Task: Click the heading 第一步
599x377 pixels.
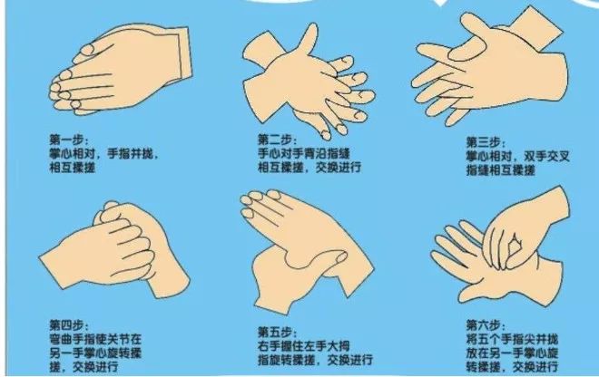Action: [68, 140]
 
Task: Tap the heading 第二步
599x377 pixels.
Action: [276, 140]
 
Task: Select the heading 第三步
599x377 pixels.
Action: [485, 142]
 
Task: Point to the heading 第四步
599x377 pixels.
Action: [68, 325]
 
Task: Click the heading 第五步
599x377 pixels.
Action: [276, 332]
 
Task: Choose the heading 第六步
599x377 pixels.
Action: [485, 325]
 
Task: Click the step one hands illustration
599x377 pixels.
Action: [121, 70]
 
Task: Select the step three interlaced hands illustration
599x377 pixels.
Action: [490, 68]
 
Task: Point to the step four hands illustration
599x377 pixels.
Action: [114, 249]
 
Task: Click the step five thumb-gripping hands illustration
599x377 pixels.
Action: [307, 251]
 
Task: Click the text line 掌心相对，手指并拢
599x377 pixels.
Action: [103, 154]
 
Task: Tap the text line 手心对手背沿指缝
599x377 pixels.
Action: [304, 154]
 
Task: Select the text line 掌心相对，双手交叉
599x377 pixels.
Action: [517, 157]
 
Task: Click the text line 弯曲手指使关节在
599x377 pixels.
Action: [95, 339]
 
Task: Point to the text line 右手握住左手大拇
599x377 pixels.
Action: [304, 346]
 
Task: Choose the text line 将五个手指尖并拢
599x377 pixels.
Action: [512, 339]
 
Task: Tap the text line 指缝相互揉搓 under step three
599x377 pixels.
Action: [500, 170]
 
